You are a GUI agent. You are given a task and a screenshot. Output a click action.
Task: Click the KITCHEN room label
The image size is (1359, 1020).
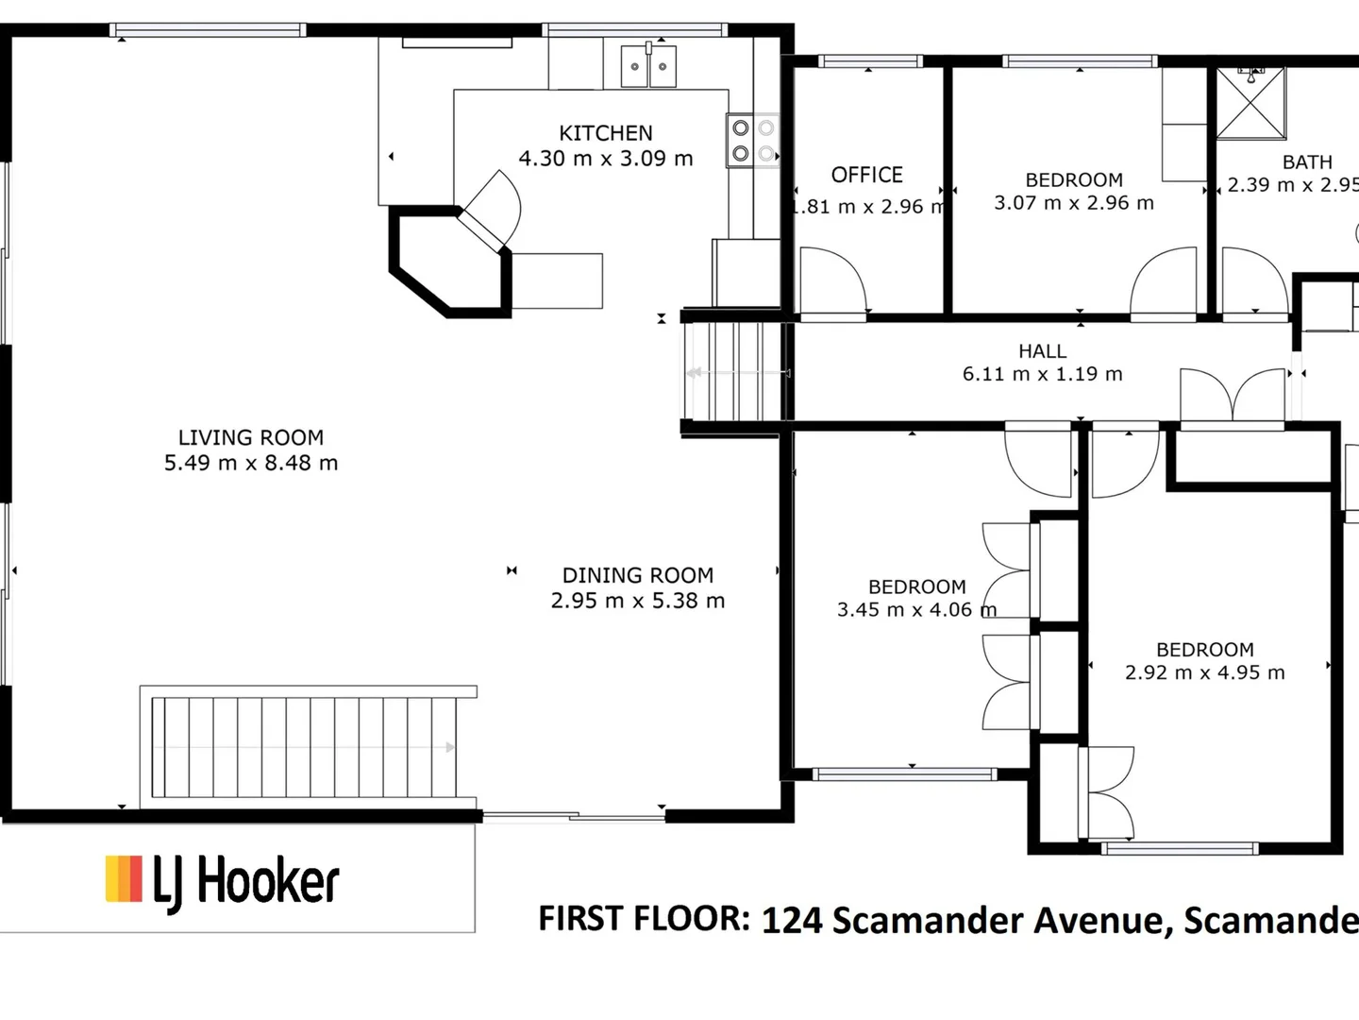point(605,133)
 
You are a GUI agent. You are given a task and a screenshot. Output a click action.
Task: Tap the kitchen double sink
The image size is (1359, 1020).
point(648,66)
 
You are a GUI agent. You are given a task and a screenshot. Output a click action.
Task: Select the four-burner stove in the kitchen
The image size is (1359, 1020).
point(752,140)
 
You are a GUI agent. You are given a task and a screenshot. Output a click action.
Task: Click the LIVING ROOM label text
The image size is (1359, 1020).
point(251,437)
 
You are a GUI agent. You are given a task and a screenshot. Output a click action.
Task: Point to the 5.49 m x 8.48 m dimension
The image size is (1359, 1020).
point(251,463)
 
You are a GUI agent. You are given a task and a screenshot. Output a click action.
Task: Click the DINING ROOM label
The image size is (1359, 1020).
point(638,575)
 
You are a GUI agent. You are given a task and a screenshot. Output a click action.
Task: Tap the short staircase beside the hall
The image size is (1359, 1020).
point(734,372)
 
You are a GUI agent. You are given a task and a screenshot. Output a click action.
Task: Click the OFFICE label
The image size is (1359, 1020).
point(866,175)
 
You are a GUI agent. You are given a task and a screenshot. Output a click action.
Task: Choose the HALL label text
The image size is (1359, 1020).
point(1042,351)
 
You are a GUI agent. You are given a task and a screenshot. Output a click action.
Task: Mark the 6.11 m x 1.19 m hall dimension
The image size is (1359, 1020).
point(1042,374)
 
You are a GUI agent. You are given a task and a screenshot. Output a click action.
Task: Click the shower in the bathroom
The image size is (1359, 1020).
point(1250,101)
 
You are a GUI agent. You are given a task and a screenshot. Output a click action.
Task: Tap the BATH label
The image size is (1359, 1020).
point(1307,162)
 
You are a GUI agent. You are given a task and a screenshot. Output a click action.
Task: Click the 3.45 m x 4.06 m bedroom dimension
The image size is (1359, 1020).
point(916,610)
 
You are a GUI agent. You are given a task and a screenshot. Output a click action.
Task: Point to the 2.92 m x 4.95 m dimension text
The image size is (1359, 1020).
point(1204,672)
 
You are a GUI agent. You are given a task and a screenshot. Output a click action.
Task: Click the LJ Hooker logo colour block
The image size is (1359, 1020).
point(124,878)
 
